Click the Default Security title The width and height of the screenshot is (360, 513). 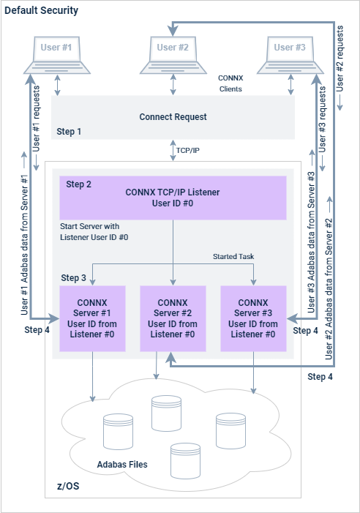(x=42, y=12)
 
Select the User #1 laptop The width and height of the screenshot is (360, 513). (x=56, y=55)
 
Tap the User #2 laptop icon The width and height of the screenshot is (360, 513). (x=173, y=55)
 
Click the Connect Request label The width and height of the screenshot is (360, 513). (x=173, y=117)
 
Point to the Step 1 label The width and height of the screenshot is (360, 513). (x=70, y=132)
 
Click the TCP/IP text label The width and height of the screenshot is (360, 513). (x=189, y=150)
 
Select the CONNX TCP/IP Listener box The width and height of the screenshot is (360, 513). (x=173, y=198)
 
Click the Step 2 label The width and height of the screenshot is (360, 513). (x=78, y=184)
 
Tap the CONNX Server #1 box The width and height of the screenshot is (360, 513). (x=92, y=318)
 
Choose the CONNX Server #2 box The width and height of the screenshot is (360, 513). (x=173, y=318)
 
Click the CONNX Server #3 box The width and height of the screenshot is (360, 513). (x=253, y=318)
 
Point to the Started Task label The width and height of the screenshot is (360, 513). (x=234, y=257)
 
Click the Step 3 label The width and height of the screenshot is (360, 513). (x=73, y=278)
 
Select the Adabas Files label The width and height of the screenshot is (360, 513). (x=122, y=465)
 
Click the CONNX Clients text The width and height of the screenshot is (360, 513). (x=230, y=83)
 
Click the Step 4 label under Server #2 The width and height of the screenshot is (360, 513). (x=320, y=377)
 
